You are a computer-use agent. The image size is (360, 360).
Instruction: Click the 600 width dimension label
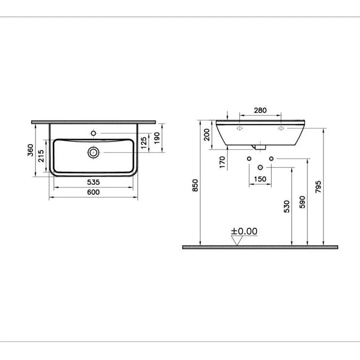coord(94,192)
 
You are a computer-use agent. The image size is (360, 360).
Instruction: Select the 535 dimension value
coord(94,182)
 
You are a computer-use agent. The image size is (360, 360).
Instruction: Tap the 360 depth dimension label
coord(31,150)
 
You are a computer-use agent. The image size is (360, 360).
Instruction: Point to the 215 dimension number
coord(41,156)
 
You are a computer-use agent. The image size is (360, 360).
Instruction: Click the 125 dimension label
coord(144,143)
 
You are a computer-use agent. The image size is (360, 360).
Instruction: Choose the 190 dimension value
coord(157,138)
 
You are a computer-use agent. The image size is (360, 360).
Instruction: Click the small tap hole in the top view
coord(93,133)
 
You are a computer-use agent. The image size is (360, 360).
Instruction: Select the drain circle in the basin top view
coord(94,152)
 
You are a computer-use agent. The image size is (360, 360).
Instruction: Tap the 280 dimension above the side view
coord(261,111)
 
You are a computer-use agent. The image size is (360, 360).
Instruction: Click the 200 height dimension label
coord(207,135)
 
